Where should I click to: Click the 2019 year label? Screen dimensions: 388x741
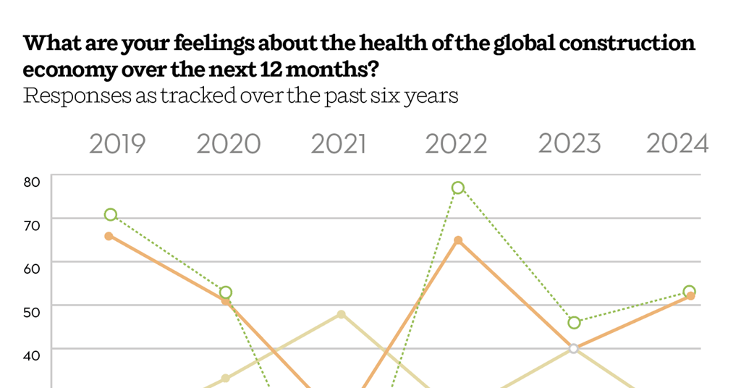117,144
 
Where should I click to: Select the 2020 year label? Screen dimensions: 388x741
229,144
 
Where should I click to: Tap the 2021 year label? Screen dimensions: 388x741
339,144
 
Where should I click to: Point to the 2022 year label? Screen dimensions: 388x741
456,144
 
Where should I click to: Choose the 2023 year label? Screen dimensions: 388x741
569,144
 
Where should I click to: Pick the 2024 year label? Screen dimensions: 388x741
677,144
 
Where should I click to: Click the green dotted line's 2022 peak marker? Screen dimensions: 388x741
457,187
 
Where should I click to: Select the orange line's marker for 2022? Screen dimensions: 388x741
458,240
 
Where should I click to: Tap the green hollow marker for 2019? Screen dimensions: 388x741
110,214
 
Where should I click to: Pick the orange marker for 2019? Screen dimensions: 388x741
109,236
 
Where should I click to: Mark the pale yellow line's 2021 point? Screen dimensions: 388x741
341,314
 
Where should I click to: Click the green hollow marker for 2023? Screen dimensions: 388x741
574,322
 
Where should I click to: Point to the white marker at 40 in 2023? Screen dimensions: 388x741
574,348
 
